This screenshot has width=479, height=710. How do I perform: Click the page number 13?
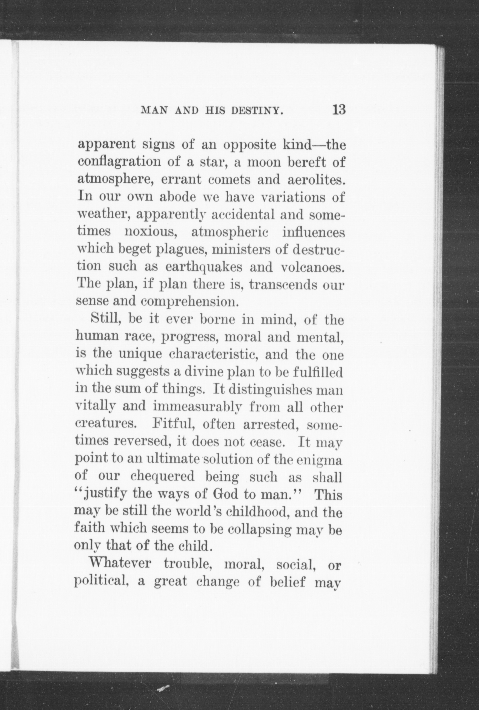point(339,109)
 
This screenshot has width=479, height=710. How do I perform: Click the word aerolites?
point(317,180)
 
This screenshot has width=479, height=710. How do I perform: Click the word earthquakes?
point(204,267)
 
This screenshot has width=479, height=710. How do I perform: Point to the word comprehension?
point(189,302)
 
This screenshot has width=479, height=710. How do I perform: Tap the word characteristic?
point(213,355)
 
